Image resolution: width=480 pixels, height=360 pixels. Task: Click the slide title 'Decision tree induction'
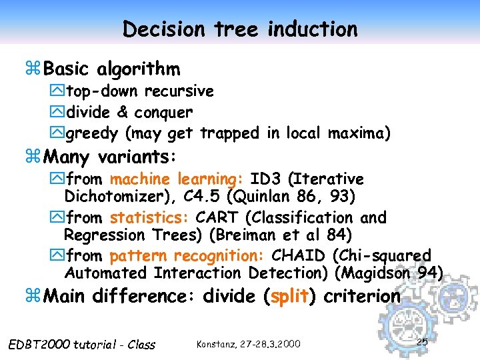tap(240, 29)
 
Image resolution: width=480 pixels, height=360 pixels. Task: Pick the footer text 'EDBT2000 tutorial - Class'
tap(82, 345)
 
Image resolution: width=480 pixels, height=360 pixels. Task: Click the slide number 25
tap(421, 342)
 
